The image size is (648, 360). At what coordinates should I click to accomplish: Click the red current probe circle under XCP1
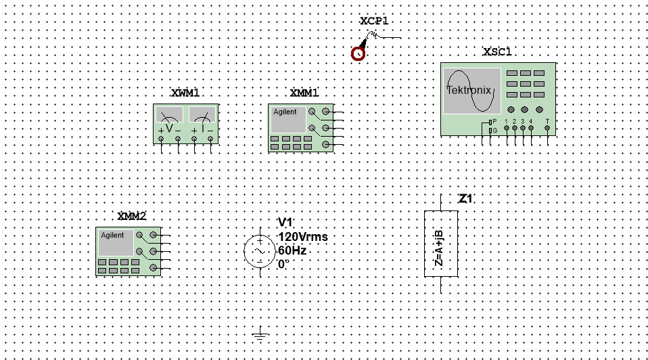coord(358,54)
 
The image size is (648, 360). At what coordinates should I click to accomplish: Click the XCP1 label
coord(374,21)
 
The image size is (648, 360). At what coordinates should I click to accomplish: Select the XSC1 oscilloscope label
coord(497,52)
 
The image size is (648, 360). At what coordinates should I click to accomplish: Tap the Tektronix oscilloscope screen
coord(471,90)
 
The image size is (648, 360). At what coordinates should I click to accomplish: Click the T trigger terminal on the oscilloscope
coord(547,127)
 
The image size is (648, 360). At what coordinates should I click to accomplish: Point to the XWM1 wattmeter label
coord(185,93)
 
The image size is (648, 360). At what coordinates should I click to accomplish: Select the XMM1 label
coord(304,93)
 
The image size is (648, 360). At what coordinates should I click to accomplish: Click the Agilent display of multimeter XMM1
coord(288,119)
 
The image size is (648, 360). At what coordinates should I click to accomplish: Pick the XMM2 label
coord(131,217)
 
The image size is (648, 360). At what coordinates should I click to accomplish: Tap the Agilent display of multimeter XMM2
coord(116,242)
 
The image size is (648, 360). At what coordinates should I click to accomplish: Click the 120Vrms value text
coord(302,237)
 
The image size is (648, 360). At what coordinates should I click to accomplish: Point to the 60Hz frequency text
coord(292,250)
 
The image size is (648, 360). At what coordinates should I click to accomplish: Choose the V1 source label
coord(285,223)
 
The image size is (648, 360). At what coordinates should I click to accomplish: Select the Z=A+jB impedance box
coord(441,244)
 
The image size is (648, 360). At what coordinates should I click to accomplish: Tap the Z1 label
coord(465,199)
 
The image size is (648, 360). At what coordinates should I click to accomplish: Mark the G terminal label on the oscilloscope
coord(494,129)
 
